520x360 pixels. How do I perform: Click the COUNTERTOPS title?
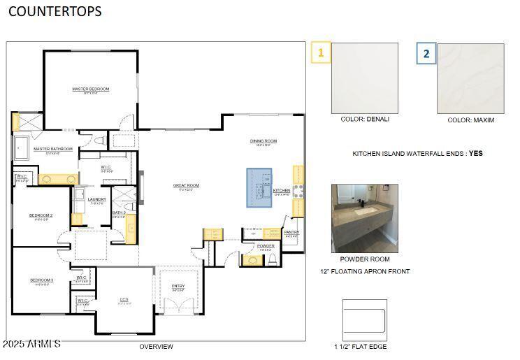pyautogui.click(x=55, y=12)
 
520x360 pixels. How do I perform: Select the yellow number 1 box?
pyautogui.click(x=321, y=52)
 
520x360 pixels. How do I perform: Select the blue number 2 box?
pyautogui.click(x=426, y=53)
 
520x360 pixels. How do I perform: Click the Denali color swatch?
pyautogui.click(x=364, y=78)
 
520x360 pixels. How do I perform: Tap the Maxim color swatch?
pyautogui.click(x=470, y=78)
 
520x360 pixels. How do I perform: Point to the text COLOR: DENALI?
pyautogui.click(x=365, y=119)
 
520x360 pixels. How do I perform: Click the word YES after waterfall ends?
pyautogui.click(x=475, y=153)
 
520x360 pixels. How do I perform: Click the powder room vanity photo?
pyautogui.click(x=364, y=217)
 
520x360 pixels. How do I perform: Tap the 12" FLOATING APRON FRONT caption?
pyautogui.click(x=365, y=271)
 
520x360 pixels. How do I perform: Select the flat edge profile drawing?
pyautogui.click(x=364, y=319)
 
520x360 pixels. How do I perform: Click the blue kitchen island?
pyautogui.click(x=259, y=188)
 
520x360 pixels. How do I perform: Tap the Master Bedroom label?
pyautogui.click(x=91, y=89)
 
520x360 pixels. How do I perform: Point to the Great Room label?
pyautogui.click(x=187, y=185)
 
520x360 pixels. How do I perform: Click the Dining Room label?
pyautogui.click(x=263, y=141)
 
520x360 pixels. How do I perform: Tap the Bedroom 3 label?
pyautogui.click(x=41, y=280)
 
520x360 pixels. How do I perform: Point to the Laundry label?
pyautogui.click(x=97, y=199)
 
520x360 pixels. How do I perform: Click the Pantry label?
pyautogui.click(x=291, y=232)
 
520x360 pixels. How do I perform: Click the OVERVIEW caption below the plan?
pyautogui.click(x=156, y=346)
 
